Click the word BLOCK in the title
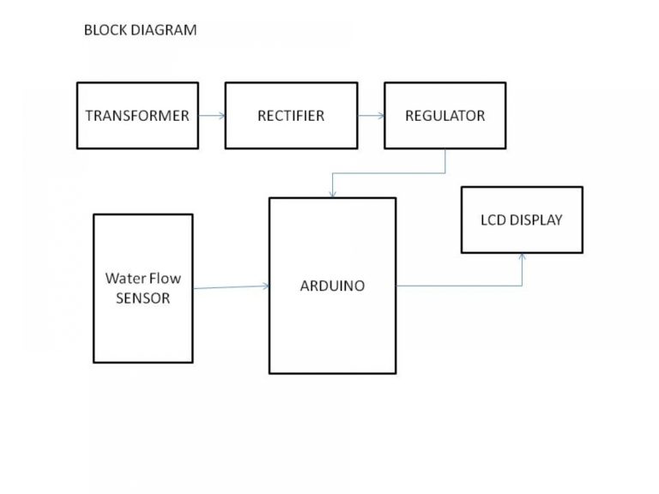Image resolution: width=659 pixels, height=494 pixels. [106, 30]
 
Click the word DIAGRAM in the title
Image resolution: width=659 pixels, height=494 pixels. [164, 30]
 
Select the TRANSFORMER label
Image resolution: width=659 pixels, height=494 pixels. [137, 116]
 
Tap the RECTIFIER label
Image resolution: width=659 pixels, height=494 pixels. [291, 116]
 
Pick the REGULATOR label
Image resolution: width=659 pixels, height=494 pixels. [445, 116]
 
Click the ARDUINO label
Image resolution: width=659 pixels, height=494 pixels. [332, 286]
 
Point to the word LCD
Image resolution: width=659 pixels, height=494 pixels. [493, 220]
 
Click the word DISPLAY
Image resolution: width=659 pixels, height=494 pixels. [535, 220]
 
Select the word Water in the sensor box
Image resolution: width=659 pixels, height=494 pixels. [125, 278]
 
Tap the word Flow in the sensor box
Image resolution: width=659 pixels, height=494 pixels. [165, 278]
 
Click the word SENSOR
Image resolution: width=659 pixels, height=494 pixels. [143, 298]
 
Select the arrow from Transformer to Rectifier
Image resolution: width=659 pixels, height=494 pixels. [212, 116]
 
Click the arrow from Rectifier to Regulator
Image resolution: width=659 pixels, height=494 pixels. [371, 116]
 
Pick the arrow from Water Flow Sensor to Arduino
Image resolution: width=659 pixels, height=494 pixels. [231, 287]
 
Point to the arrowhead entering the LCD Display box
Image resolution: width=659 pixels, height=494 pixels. [523, 256]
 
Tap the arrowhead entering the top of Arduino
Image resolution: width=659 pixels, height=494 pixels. [332, 194]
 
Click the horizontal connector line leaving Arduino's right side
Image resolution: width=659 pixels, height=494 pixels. [459, 286]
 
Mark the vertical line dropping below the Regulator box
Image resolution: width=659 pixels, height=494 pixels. [445, 160]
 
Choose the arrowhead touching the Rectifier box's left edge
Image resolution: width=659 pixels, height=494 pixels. [222, 116]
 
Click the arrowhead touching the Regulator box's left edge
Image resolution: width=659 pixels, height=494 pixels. [381, 116]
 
